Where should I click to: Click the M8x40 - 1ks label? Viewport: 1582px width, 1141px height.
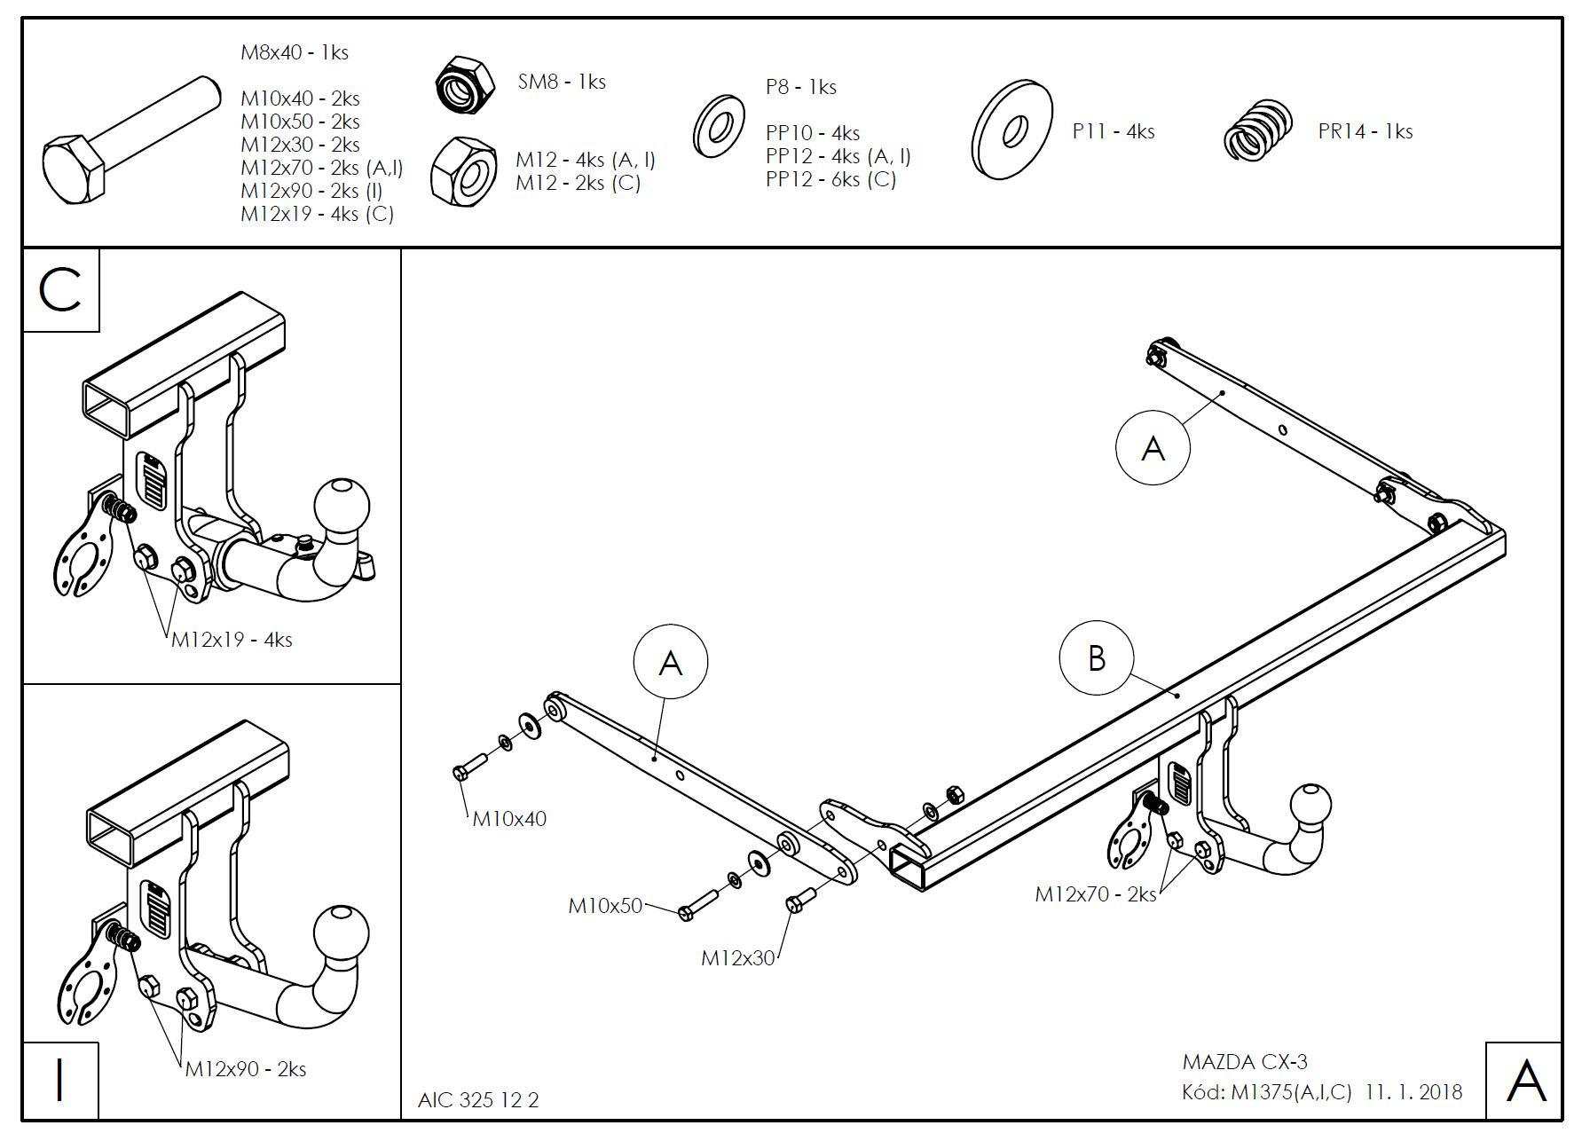click(x=295, y=52)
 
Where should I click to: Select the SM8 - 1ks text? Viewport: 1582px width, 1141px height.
click(x=562, y=83)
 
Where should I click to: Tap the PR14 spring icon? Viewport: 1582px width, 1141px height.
click(x=1258, y=130)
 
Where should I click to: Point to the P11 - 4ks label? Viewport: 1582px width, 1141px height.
click(x=1114, y=132)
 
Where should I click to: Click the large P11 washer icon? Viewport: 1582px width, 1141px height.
click(x=1012, y=130)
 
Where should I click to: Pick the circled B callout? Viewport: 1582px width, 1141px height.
click(x=1097, y=658)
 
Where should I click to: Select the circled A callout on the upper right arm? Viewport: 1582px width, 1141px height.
click(x=1153, y=447)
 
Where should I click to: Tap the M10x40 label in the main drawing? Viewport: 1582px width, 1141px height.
click(x=509, y=819)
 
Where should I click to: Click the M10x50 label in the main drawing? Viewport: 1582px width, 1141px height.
click(x=605, y=906)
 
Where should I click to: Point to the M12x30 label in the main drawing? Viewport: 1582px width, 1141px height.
click(x=737, y=958)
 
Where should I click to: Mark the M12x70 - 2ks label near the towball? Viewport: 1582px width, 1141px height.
click(x=1096, y=894)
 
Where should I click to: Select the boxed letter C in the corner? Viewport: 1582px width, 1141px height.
click(x=60, y=290)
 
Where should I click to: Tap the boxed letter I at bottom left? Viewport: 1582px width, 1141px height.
click(x=60, y=1080)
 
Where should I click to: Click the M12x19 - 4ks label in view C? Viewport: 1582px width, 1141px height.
click(x=232, y=640)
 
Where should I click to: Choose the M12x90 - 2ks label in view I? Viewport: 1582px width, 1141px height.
click(x=246, y=1069)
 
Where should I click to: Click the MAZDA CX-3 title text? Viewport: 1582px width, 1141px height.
click(x=1245, y=1062)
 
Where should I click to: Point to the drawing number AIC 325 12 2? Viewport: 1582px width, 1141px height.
click(x=478, y=1100)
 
